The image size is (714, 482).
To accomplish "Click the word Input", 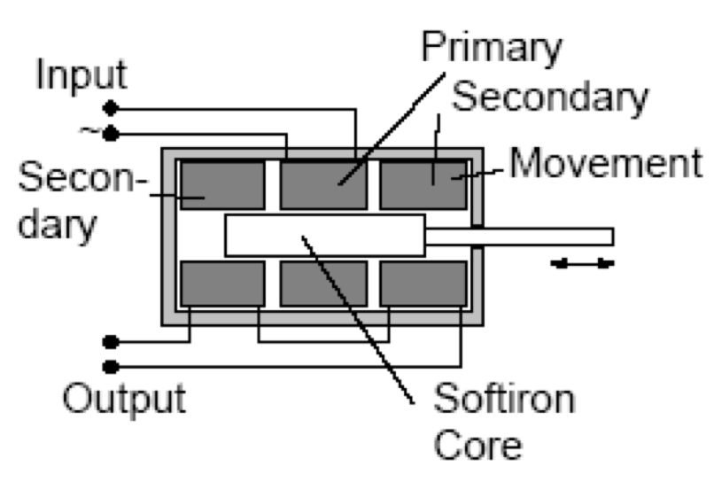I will click(81, 75).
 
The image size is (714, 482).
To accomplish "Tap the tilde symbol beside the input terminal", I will click(89, 132).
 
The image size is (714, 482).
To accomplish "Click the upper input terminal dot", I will click(112, 109).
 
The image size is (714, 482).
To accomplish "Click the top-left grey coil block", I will click(222, 184).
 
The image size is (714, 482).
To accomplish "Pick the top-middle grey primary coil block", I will click(322, 184).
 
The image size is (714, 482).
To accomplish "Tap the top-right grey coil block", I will click(423, 184).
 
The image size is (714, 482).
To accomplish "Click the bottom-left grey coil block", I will click(222, 284).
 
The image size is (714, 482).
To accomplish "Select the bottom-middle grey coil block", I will click(322, 284).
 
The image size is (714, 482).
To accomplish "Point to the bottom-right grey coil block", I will click(423, 284).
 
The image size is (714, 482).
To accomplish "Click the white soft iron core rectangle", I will click(324, 235).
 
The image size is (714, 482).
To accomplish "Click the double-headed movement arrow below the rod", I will click(580, 263).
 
